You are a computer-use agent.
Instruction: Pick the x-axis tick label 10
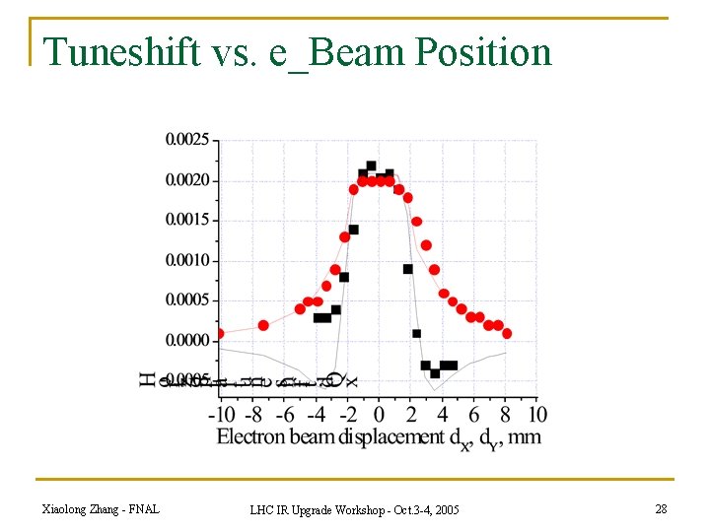(x=538, y=413)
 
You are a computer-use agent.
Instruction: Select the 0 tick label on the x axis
(x=380, y=413)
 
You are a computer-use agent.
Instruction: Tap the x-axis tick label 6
(x=474, y=413)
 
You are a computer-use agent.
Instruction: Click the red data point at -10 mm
(x=219, y=333)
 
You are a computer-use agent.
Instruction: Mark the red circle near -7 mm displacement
(x=263, y=325)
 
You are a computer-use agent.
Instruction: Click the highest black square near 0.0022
(x=371, y=166)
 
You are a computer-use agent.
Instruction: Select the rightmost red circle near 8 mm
(x=507, y=333)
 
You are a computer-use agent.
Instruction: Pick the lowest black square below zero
(x=435, y=373)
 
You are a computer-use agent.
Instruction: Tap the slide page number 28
(x=661, y=508)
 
